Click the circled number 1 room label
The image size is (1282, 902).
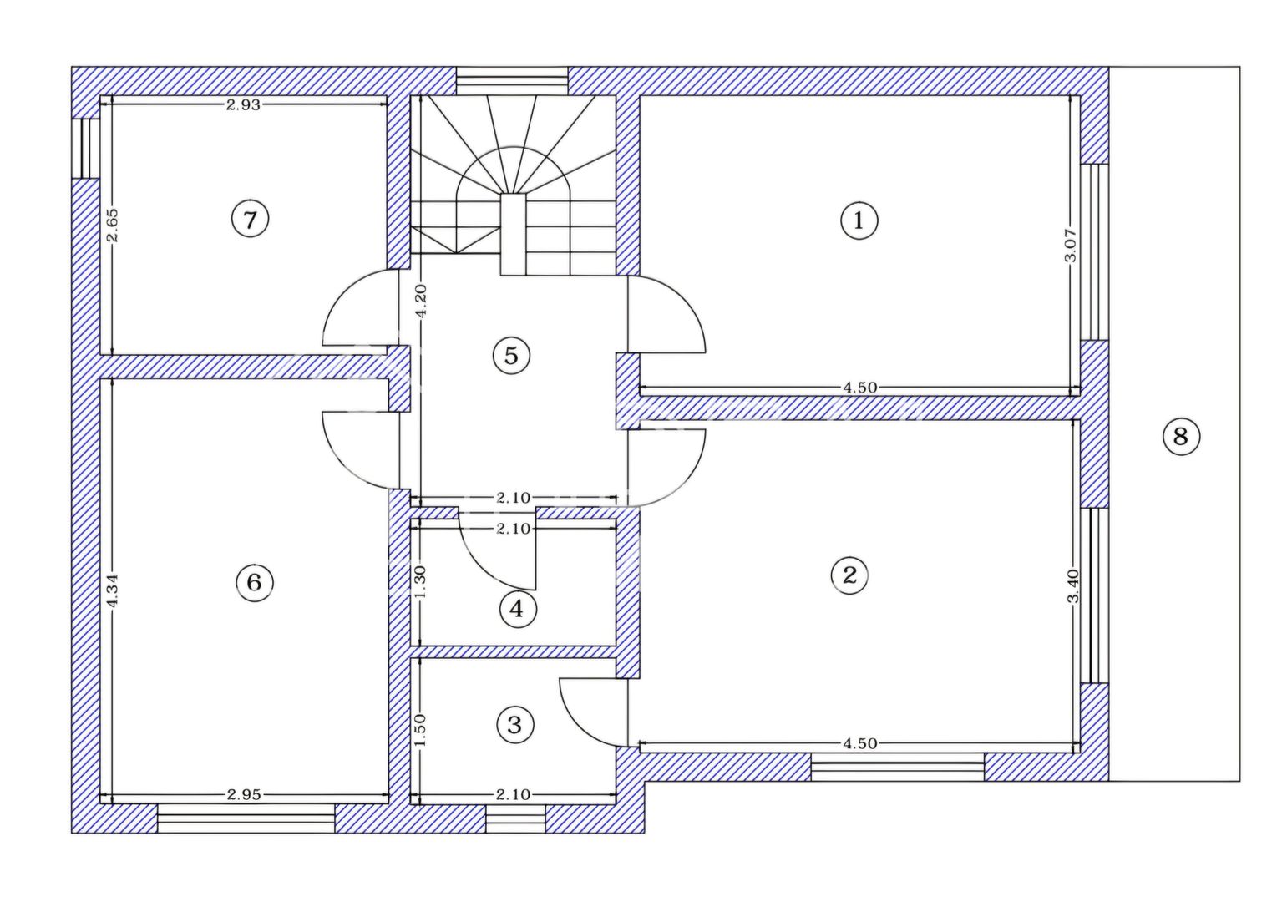click(x=859, y=221)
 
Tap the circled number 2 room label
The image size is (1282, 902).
click(x=849, y=575)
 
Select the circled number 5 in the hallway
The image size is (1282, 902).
click(x=511, y=356)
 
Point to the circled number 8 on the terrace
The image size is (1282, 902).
click(x=1180, y=436)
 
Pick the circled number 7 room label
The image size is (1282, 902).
click(x=250, y=220)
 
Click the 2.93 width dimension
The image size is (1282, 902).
click(x=243, y=104)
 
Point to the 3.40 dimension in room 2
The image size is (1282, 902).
click(x=1073, y=585)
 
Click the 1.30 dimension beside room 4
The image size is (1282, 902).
click(x=420, y=580)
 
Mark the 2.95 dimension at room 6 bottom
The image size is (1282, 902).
click(x=244, y=794)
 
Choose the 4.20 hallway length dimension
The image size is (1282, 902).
click(x=421, y=300)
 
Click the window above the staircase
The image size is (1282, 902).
click(x=511, y=82)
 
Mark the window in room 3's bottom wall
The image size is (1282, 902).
click(x=515, y=819)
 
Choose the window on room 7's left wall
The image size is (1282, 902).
click(x=85, y=148)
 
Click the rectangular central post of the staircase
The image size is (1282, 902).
click(x=513, y=235)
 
